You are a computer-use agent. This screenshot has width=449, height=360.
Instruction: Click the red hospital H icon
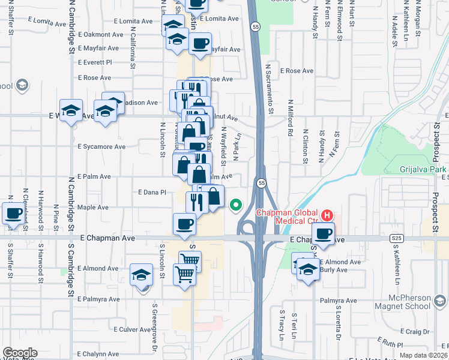pyautogui.click(x=327, y=214)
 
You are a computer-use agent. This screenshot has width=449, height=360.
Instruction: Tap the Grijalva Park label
pyautogui.click(x=424, y=169)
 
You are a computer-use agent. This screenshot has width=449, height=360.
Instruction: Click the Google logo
pyautogui.click(x=20, y=353)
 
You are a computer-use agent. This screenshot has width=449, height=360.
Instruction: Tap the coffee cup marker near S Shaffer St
pyautogui.click(x=13, y=213)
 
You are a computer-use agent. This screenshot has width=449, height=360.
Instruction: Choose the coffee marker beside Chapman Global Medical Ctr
pyautogui.click(x=323, y=233)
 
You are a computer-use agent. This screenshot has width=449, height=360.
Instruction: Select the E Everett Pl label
pyautogui.click(x=95, y=62)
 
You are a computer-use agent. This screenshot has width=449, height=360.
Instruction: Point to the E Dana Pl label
pyautogui.click(x=151, y=193)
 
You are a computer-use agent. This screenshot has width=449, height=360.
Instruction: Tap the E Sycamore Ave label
pyautogui.click(x=101, y=146)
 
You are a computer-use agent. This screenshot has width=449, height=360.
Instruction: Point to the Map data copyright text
pyautogui.click(x=422, y=355)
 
